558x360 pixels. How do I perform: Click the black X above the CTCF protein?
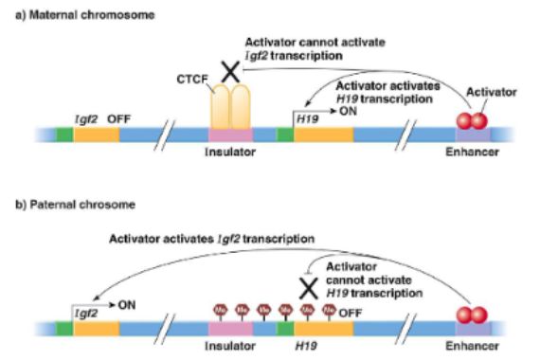click(228, 69)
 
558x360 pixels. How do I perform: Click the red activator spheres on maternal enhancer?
click(469, 122)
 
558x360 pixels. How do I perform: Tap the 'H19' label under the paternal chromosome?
click(305, 346)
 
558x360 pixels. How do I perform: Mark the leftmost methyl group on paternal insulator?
click(218, 308)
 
